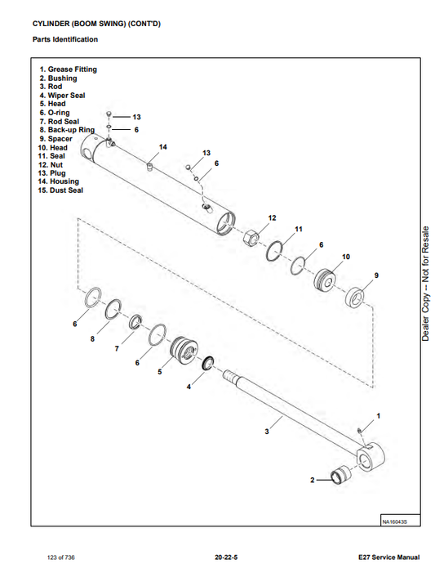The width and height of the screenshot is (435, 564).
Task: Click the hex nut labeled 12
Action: tap(251, 238)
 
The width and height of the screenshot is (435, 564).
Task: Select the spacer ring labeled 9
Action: tap(355, 298)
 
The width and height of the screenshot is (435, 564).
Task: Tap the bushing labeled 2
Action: tap(340, 475)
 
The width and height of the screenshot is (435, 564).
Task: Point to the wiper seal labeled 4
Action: tap(208, 363)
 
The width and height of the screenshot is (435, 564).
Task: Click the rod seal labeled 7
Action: tap(135, 321)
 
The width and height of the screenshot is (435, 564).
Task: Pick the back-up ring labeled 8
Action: tap(113, 309)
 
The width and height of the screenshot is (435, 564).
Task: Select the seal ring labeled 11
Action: tap(274, 250)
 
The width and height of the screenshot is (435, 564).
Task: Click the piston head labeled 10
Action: tap(325, 280)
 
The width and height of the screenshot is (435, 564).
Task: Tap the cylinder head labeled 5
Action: tap(184, 351)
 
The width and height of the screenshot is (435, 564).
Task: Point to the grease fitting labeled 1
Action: tap(360, 431)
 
